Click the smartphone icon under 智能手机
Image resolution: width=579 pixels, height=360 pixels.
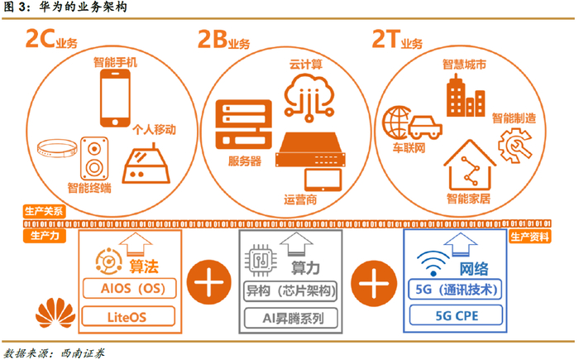pos(117,94)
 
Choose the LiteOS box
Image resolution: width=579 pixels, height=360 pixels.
pos(127,315)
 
